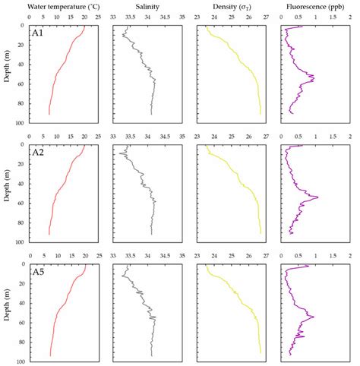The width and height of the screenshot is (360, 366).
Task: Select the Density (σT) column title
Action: coord(231,6)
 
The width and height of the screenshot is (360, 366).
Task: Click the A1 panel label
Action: coord(37,34)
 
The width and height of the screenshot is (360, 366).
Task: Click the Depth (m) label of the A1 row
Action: coord(8,74)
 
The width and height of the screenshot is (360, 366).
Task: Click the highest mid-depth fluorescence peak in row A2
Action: coord(317,197)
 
